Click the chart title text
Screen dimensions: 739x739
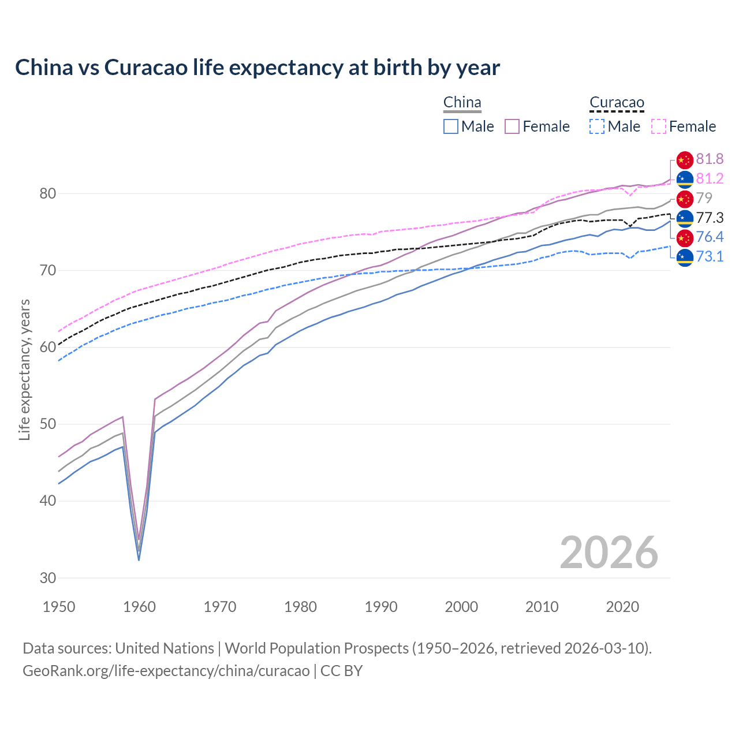[257, 68]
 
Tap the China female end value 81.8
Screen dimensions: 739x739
[710, 159]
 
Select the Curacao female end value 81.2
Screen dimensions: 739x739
[710, 178]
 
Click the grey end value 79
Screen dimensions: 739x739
[704, 198]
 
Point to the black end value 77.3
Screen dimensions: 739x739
[710, 218]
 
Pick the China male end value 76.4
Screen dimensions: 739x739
[710, 237]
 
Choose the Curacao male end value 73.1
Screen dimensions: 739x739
[710, 256]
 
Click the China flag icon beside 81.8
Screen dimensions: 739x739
[685, 159]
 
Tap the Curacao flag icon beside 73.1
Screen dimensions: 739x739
[685, 257]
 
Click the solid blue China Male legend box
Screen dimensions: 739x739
[451, 126]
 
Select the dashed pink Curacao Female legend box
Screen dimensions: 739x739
[659, 126]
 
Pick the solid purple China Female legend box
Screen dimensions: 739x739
[512, 126]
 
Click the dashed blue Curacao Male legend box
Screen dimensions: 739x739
[597, 126]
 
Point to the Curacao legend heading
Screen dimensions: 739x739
[617, 102]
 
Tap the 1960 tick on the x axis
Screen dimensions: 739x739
[140, 607]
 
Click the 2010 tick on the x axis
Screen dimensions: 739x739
[542, 607]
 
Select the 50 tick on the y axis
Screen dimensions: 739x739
[48, 424]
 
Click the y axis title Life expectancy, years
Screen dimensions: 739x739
[24, 369]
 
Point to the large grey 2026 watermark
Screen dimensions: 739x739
[609, 553]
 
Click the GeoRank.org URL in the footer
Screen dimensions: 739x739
[166, 670]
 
